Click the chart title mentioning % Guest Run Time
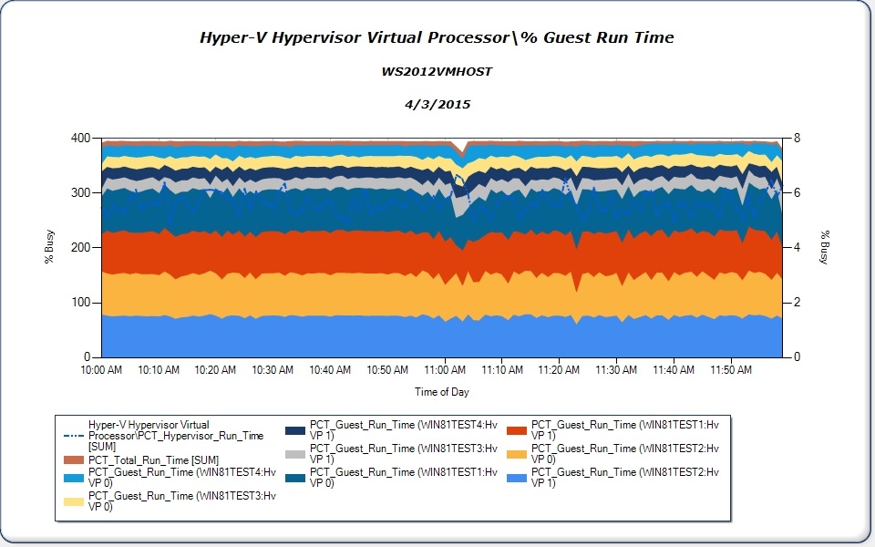[x=437, y=37]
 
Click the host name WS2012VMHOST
[x=437, y=71]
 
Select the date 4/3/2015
[x=437, y=104]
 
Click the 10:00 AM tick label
[x=101, y=370]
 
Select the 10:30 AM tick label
[x=273, y=370]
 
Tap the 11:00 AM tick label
[x=444, y=370]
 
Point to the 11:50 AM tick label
[x=730, y=370]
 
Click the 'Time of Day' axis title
[x=442, y=392]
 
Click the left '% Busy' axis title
[x=49, y=247]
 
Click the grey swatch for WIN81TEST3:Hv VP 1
[x=293, y=454]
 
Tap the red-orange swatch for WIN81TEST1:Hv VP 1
[x=516, y=430]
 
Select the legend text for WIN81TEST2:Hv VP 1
[x=625, y=478]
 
